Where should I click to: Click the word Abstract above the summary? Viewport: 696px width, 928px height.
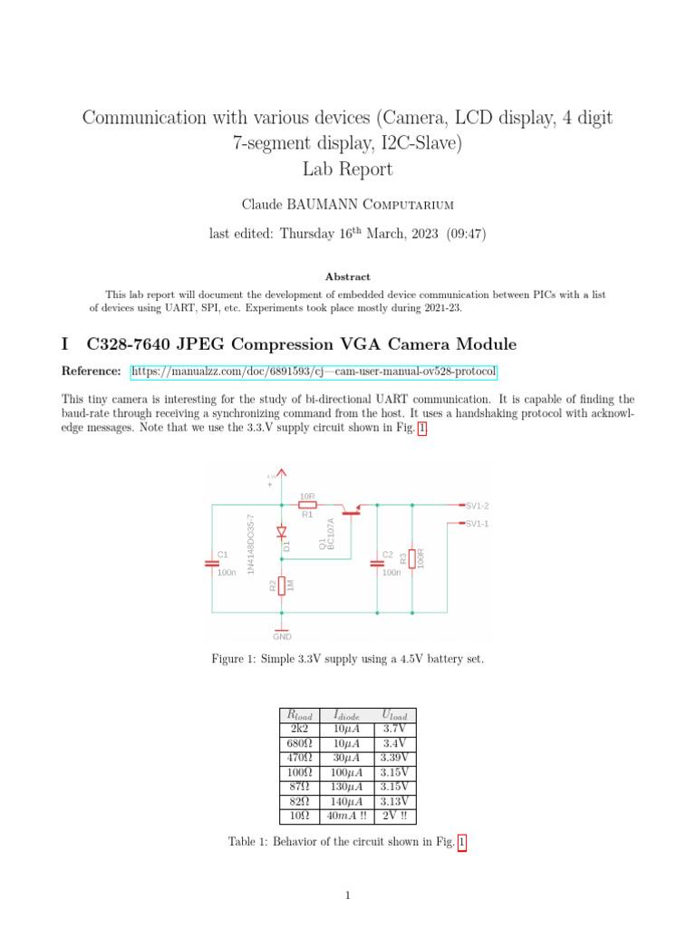coord(347,276)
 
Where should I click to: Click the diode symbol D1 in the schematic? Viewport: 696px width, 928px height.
coord(282,532)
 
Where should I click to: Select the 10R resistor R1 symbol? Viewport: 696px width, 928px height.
coord(307,505)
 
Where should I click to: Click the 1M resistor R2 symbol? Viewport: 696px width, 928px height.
coord(282,585)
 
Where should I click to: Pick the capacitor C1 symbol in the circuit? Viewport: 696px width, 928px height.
coord(214,563)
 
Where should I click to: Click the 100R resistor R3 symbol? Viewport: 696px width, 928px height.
coord(412,559)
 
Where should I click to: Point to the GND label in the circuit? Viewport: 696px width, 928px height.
coord(282,636)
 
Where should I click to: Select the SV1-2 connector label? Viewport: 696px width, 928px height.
coord(477,505)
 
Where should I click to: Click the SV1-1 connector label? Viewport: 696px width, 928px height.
coord(477,524)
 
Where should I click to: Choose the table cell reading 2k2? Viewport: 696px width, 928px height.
coord(299,729)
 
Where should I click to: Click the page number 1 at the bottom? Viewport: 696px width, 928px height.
coord(347,896)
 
